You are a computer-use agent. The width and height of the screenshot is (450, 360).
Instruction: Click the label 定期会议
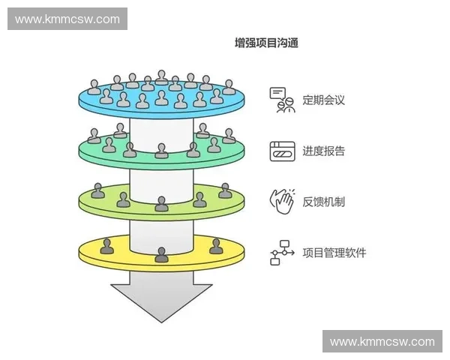(324, 99)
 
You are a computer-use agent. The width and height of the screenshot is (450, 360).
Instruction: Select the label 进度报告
(324, 151)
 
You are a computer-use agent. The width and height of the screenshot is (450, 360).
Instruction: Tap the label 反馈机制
(324, 201)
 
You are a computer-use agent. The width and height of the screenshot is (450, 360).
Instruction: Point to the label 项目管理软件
(334, 253)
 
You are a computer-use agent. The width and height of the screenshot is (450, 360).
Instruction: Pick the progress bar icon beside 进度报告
(282, 151)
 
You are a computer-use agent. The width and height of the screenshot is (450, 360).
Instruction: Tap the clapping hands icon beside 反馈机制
(282, 201)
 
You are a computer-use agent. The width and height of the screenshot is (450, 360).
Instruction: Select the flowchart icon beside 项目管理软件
(282, 253)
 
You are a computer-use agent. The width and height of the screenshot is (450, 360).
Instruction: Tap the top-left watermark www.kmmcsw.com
(67, 19)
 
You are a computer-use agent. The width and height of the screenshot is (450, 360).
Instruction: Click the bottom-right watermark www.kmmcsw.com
(382, 341)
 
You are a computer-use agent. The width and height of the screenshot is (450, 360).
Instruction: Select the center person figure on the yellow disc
(161, 254)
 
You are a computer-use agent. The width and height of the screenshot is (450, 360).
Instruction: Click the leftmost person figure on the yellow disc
(108, 245)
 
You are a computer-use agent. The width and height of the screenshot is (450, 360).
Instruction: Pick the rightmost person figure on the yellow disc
(216, 245)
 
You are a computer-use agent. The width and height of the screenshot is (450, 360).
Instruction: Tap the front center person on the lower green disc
(161, 203)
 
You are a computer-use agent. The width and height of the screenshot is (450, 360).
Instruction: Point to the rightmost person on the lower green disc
(225, 190)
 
